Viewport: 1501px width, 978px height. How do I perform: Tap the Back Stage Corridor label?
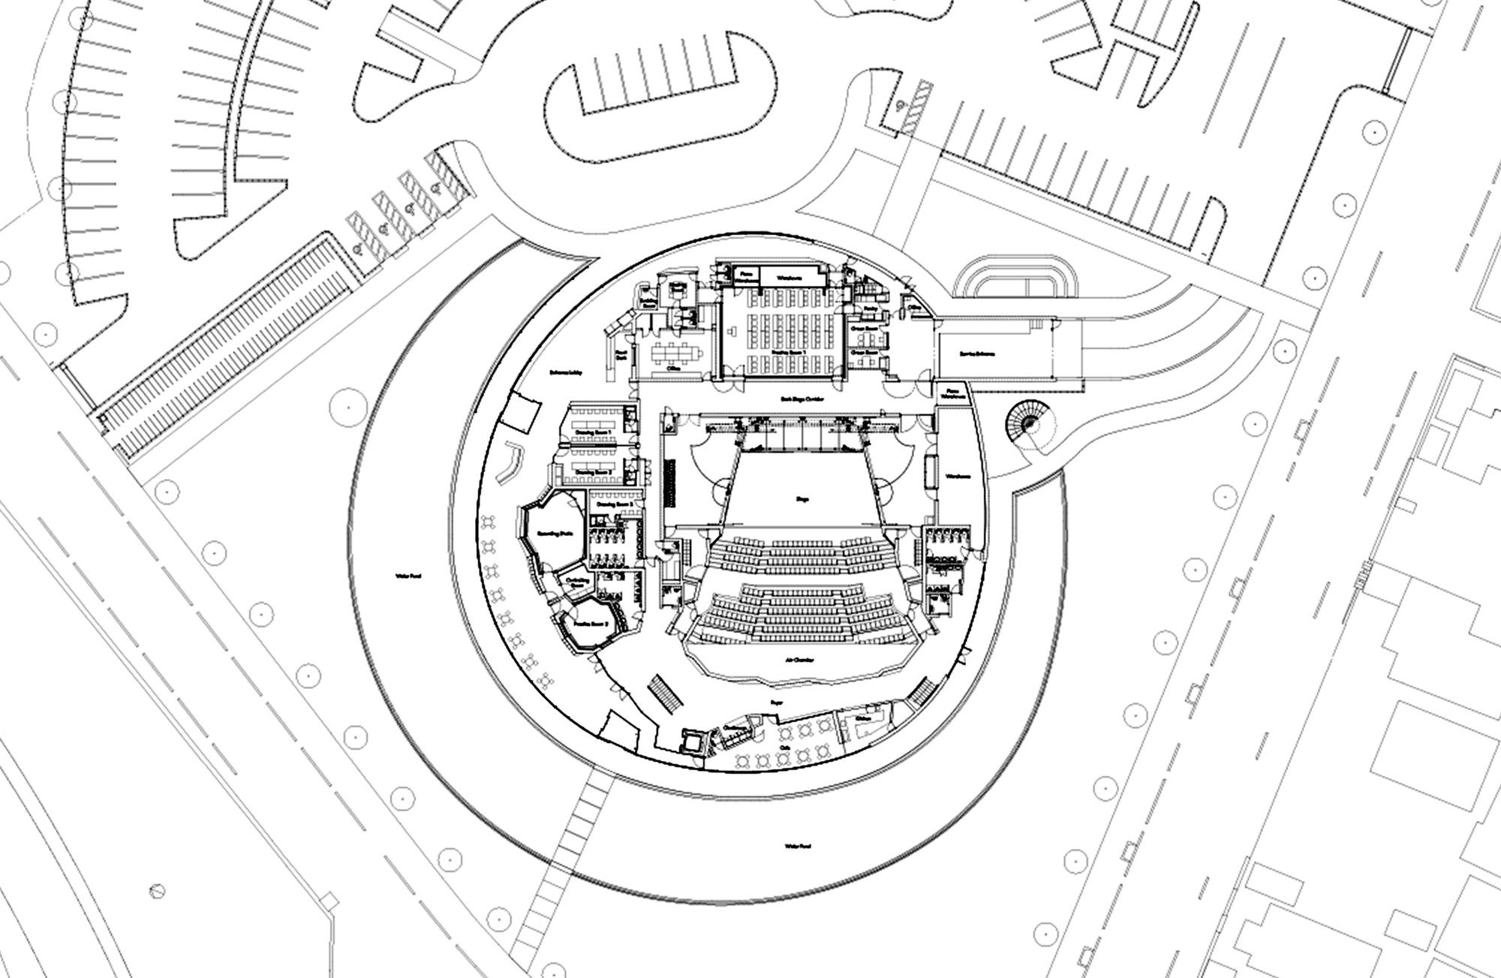[x=796, y=400]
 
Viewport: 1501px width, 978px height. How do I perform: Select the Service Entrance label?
[x=976, y=354]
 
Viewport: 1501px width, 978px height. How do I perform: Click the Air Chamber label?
[x=802, y=660]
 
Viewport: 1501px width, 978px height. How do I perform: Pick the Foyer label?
[x=776, y=703]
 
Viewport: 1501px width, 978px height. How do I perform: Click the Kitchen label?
[x=862, y=718]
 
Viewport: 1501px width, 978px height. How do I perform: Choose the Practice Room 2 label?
[x=590, y=624]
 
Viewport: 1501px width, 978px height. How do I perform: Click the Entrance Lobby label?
[x=566, y=373]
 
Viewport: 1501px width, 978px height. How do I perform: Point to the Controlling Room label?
[x=576, y=582]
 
